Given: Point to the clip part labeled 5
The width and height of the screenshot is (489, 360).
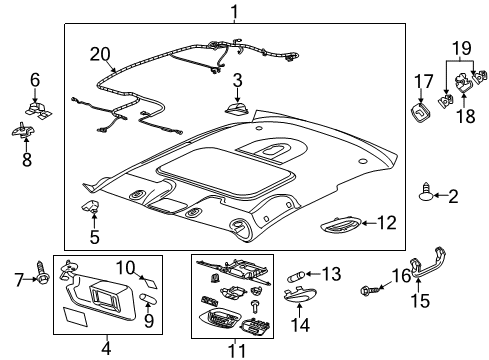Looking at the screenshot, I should [x=93, y=209].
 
